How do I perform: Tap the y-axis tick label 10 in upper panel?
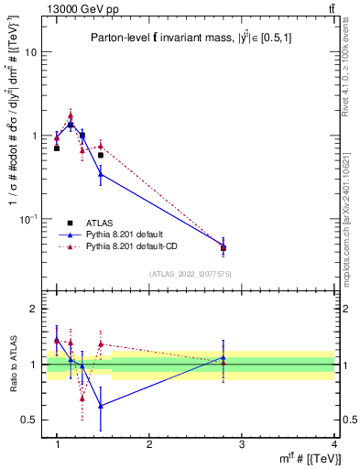(30, 52)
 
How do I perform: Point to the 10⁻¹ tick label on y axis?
(27, 218)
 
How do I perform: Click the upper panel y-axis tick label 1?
(33, 136)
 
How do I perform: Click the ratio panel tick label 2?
(33, 310)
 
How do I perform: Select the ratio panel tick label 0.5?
(29, 420)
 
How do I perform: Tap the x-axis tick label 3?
(241, 444)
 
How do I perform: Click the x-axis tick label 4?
(333, 444)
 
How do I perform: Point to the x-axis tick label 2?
(149, 444)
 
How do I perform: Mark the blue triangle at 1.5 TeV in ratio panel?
(101, 406)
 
